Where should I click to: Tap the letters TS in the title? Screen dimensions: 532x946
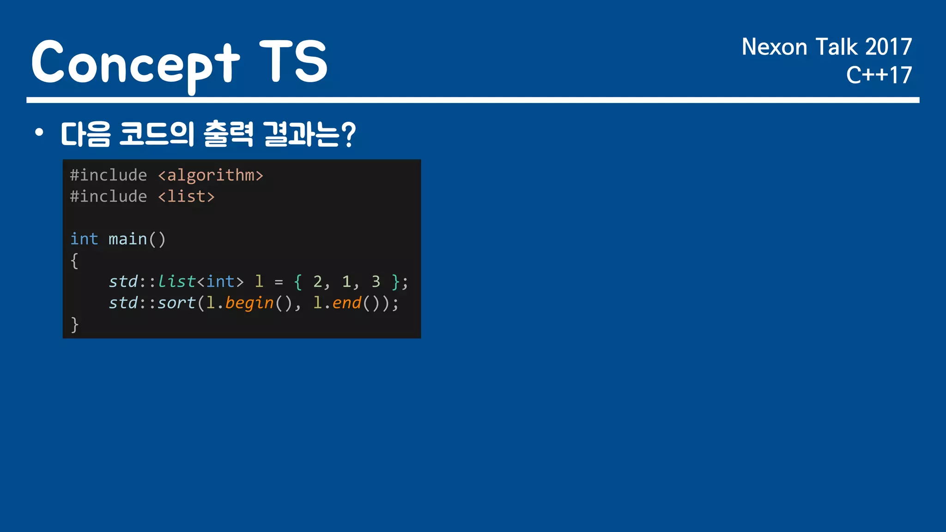click(293, 61)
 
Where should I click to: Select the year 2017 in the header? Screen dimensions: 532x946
click(888, 47)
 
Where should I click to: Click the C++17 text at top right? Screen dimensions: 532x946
click(879, 75)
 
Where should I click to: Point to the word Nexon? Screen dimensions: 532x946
click(774, 47)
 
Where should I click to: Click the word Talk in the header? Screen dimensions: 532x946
click(837, 47)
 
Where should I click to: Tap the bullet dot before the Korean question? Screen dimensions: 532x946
click(39, 133)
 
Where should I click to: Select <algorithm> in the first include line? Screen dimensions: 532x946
click(211, 175)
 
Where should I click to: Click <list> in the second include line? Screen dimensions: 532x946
click(186, 197)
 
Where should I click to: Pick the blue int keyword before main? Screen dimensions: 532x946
click(84, 239)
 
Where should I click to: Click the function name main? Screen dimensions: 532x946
click(127, 239)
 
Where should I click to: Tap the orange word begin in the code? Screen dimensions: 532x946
click(249, 303)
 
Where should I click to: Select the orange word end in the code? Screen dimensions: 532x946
click(346, 303)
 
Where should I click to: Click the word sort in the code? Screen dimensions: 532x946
click(176, 303)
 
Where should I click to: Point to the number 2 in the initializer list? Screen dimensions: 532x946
click(317, 282)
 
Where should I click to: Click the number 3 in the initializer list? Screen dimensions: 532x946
click(376, 282)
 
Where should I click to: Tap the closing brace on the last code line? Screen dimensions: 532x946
click(74, 325)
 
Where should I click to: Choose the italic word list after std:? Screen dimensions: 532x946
click(176, 282)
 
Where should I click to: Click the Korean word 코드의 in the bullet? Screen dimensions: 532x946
click(157, 134)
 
